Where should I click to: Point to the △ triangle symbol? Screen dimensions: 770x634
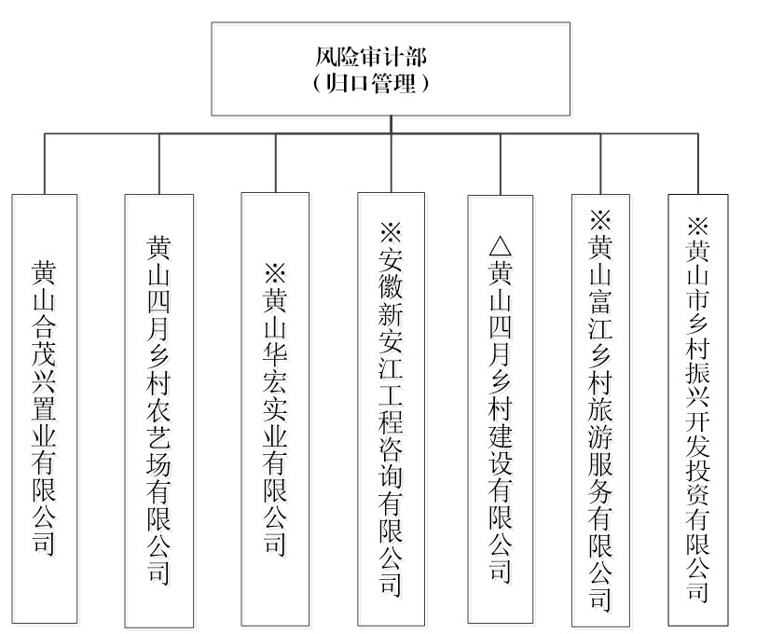point(501,246)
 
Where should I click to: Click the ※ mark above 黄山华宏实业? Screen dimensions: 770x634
point(275,273)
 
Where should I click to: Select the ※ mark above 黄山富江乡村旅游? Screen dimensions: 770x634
point(600,219)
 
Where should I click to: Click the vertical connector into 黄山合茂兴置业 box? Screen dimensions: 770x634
point(45,164)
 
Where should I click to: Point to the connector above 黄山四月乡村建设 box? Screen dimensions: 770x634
point(501,164)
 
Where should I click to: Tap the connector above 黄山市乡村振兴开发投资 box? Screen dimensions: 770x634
point(698,164)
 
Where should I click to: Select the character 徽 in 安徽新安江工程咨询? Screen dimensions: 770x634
point(391,286)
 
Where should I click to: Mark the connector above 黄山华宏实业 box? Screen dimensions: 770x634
point(275,163)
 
